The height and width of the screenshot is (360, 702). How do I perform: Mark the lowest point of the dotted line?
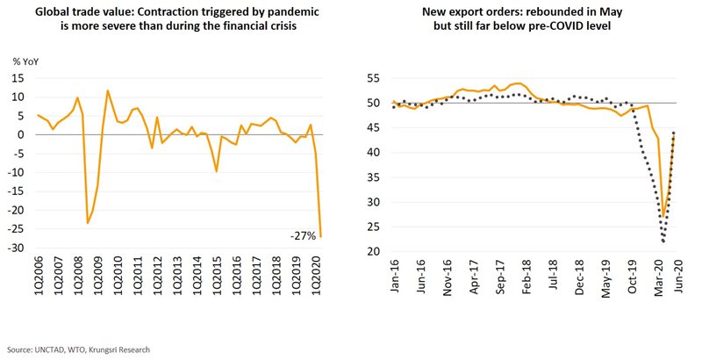click(663, 241)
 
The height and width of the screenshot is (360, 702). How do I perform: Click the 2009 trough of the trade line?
click(87, 223)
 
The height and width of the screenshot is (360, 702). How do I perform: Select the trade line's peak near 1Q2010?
click(108, 90)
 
